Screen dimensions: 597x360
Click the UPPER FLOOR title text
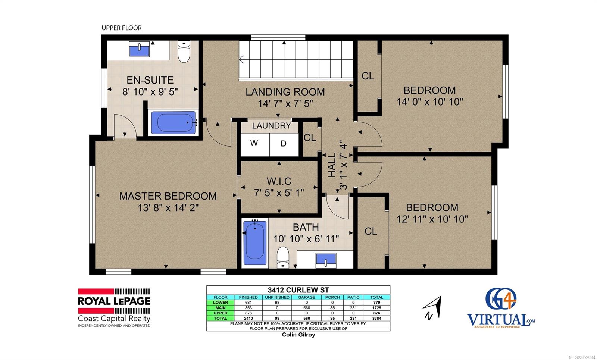pyautogui.click(x=122, y=28)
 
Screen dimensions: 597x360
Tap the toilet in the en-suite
pyautogui.click(x=184, y=51)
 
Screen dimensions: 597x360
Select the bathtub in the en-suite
pyautogui.click(x=174, y=123)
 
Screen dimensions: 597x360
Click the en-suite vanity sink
pyautogui.click(x=139, y=49)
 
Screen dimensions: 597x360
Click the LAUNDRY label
pyautogui.click(x=271, y=125)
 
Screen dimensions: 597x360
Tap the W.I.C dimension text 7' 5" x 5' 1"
pyautogui.click(x=279, y=192)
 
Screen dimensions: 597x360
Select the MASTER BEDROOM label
pyautogui.click(x=168, y=196)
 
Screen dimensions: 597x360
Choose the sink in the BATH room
pyautogui.click(x=326, y=260)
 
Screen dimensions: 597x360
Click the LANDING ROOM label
pyautogui.click(x=285, y=92)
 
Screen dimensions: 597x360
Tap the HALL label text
pyautogui.click(x=332, y=165)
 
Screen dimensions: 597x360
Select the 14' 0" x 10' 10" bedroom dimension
pyautogui.click(x=429, y=102)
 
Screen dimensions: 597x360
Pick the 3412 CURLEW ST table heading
pyautogui.click(x=298, y=290)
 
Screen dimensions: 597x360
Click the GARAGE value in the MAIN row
pyautogui.click(x=306, y=308)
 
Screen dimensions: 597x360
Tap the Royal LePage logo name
pyautogui.click(x=114, y=301)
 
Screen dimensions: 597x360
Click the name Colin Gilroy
pyautogui.click(x=298, y=335)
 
